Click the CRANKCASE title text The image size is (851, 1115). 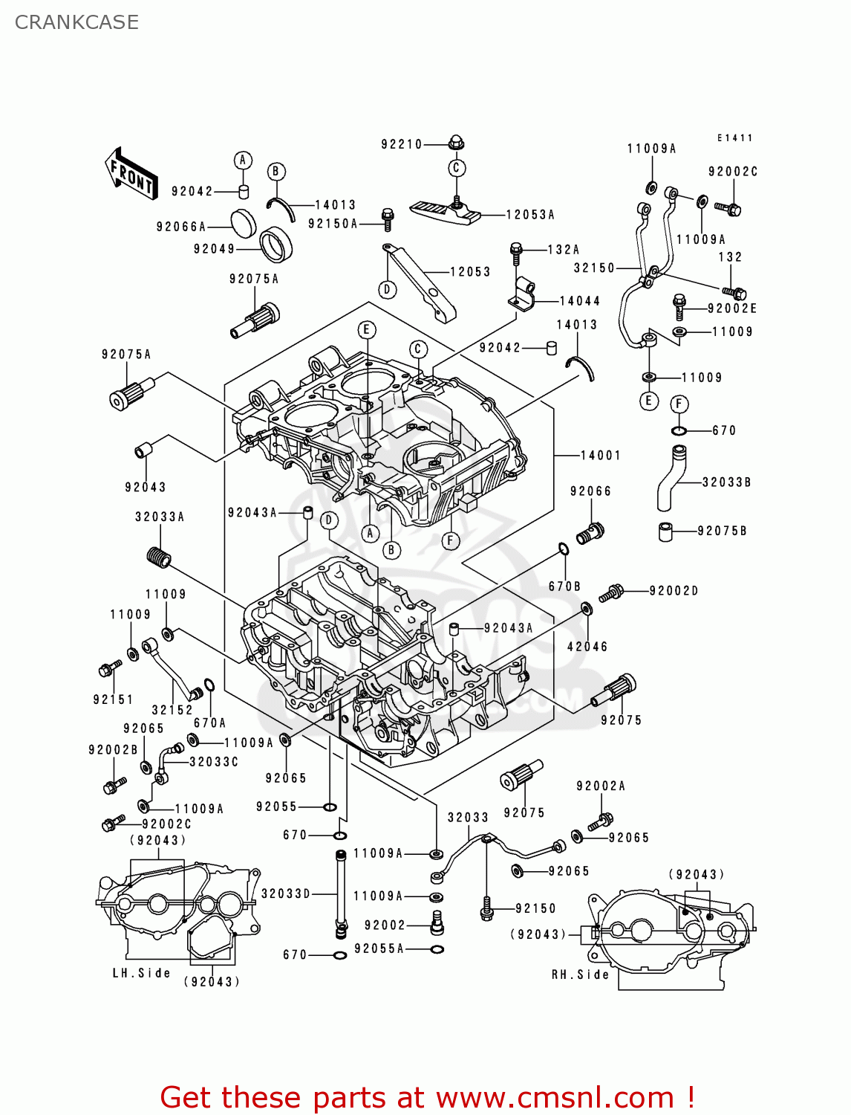click(76, 22)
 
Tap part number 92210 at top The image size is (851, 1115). click(402, 144)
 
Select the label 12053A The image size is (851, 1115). click(530, 215)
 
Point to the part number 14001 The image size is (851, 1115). click(600, 455)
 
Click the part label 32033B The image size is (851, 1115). click(726, 482)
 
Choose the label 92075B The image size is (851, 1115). click(722, 531)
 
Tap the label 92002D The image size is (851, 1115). click(674, 591)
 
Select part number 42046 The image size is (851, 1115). click(587, 647)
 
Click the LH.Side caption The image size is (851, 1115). click(141, 973)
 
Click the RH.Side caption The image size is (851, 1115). click(580, 975)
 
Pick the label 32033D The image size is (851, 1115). click(286, 893)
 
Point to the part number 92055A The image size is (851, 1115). click(379, 948)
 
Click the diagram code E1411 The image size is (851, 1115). click(734, 138)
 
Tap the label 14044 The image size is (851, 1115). click(579, 301)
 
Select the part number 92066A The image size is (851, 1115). click(181, 227)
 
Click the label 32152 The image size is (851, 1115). click(172, 710)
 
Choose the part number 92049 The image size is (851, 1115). click(214, 249)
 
